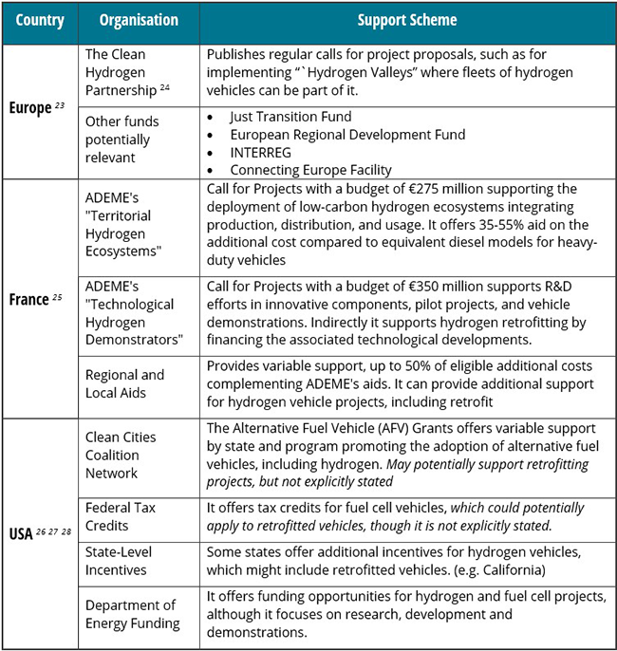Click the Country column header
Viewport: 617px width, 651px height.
click(39, 20)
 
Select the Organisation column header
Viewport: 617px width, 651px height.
click(138, 20)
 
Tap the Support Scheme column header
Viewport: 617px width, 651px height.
click(406, 20)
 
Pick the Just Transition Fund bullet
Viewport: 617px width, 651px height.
click(290, 117)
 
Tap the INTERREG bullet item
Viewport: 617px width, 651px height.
click(266, 153)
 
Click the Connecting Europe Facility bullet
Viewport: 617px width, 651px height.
click(310, 170)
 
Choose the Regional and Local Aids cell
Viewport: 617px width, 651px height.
click(125, 384)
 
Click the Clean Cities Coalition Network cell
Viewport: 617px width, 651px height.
click(122, 456)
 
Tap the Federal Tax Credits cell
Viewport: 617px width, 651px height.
click(122, 516)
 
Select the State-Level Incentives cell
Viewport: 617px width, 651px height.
click(119, 561)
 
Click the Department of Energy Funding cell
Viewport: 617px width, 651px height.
click(132, 614)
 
